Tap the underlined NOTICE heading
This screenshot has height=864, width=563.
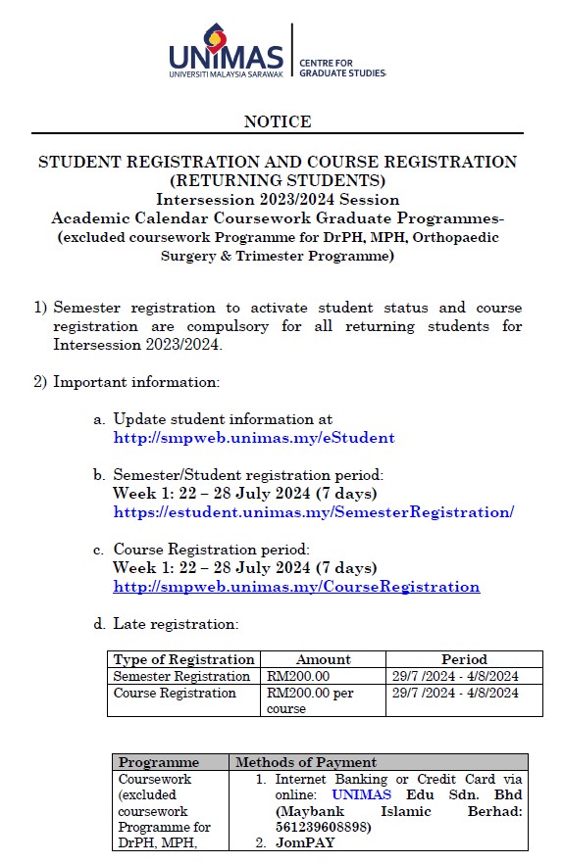click(278, 121)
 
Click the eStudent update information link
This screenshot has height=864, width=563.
click(254, 438)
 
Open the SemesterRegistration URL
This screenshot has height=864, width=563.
click(313, 512)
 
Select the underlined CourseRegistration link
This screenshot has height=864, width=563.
click(296, 587)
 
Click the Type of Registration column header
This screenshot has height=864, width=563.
click(183, 659)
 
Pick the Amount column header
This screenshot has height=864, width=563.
click(323, 659)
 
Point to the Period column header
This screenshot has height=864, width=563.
click(464, 659)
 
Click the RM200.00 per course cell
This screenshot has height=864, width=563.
click(310, 700)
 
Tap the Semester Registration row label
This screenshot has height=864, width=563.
click(181, 676)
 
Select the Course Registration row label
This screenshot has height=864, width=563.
click(175, 694)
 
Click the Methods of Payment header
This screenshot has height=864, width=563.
click(305, 762)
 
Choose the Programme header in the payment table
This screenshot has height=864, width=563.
click(158, 762)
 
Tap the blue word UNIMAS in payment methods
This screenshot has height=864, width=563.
click(361, 794)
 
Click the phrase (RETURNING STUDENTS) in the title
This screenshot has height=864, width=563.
click(278, 180)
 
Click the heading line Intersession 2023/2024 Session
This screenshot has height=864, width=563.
click(278, 199)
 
